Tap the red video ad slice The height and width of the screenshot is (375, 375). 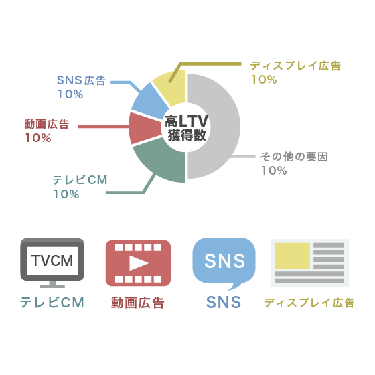tap(144, 128)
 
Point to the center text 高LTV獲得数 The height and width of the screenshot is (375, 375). tap(187, 128)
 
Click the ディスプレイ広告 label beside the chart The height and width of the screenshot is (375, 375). tap(295, 66)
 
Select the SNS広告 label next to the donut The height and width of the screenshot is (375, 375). tap(81, 80)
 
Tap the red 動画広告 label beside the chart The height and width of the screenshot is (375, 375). tap(47, 124)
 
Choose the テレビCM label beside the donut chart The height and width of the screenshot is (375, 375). tap(80, 180)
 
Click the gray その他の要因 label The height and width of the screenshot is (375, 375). tap(294, 157)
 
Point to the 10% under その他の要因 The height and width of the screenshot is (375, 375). tap(274, 171)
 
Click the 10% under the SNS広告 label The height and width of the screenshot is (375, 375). tap(70, 94)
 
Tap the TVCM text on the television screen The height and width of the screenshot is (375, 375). tap(52, 260)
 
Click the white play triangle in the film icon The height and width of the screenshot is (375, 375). tap(138, 263)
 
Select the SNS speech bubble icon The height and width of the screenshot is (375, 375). tap(224, 264)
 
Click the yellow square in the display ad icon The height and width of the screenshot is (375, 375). tap(292, 256)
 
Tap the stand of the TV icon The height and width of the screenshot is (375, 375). tap(52, 284)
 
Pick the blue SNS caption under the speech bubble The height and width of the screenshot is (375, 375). tap(224, 302)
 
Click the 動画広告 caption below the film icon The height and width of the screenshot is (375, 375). tap(138, 303)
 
